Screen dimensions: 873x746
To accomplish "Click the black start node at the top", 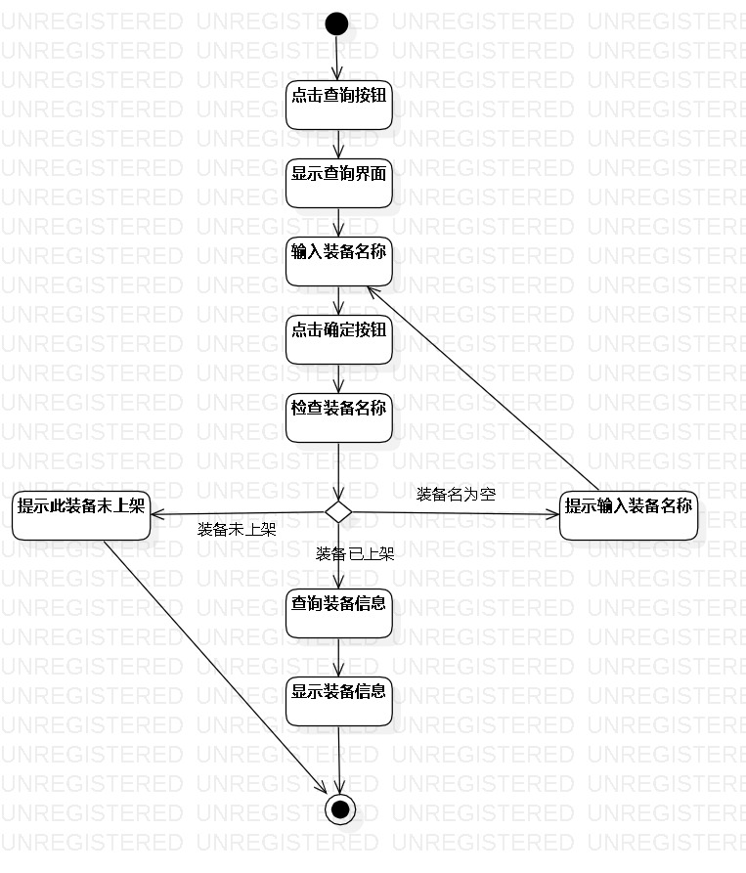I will click(x=337, y=22).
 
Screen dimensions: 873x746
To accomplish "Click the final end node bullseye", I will click(x=339, y=809).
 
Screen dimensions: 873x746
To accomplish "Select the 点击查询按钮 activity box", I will click(x=339, y=104).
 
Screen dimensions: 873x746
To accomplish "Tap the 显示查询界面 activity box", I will click(x=339, y=183).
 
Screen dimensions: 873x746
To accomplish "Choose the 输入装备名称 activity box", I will click(x=339, y=261).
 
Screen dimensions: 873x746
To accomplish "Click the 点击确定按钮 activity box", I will click(x=339, y=339).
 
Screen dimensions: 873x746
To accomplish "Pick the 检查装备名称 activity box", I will click(x=339, y=417).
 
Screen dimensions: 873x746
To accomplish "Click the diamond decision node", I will click(x=338, y=511).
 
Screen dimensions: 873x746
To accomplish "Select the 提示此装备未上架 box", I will click(x=82, y=514).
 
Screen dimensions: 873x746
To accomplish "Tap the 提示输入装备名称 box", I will click(x=629, y=514).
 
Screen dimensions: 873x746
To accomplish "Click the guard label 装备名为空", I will click(x=456, y=494).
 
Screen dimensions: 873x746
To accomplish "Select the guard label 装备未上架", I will click(x=237, y=530).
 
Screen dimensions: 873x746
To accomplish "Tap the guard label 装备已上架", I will click(x=355, y=554).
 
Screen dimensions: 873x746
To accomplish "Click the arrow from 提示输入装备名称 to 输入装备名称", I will click(x=479, y=387).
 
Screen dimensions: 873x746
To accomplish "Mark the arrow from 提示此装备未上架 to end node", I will click(x=215, y=666).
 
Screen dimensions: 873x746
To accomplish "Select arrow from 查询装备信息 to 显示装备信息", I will click(x=338, y=657).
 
